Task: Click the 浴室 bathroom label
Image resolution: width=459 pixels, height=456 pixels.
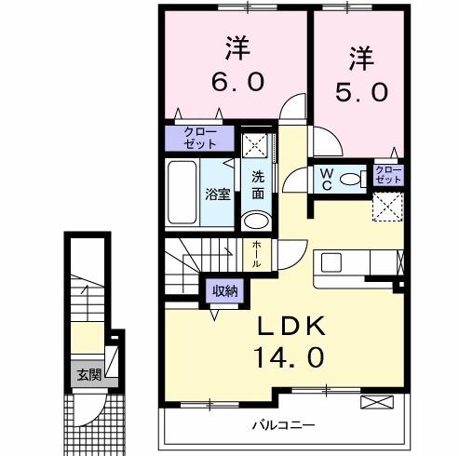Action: [217, 195]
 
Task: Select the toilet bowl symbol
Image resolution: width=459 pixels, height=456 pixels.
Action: [352, 180]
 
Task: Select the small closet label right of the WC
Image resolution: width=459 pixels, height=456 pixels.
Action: [386, 174]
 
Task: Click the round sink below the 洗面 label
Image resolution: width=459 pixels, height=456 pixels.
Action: [254, 221]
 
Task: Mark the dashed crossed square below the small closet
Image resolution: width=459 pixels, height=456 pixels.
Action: [387, 208]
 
